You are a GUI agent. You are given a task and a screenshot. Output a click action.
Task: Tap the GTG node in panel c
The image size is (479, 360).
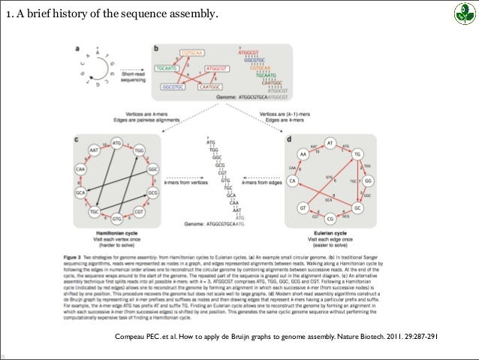(x=116, y=220)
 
